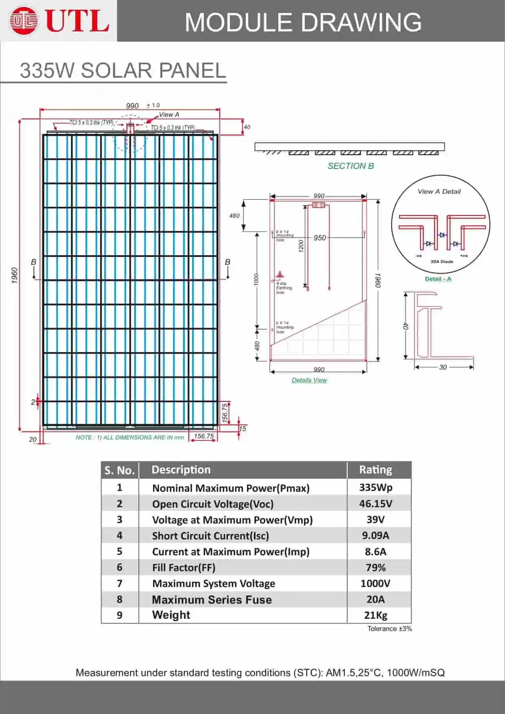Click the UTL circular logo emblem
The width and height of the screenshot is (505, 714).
coord(24,20)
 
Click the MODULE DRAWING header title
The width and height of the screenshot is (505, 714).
coord(303,22)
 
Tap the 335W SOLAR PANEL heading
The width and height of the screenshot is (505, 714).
coord(122,70)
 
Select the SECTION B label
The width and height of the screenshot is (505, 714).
coord(350,166)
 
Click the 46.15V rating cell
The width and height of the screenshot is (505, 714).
coord(375,504)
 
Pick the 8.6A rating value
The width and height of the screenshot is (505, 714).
coord(375,552)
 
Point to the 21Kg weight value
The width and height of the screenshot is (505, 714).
coord(375,615)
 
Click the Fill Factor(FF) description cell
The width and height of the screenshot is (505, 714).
coord(184,567)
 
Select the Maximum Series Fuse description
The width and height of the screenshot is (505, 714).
coord(212,600)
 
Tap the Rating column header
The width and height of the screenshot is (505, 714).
coord(375,470)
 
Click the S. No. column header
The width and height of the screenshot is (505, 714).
coord(119,470)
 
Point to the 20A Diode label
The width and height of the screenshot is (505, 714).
coord(442,261)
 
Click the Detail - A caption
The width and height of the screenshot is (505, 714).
coord(438,279)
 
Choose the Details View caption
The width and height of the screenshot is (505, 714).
coord(309,380)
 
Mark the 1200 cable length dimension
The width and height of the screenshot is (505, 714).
coord(301,246)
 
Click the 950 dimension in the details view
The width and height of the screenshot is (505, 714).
coord(319,238)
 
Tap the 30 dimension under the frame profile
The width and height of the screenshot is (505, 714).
coord(443,367)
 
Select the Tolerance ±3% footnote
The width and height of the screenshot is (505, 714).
coord(389,629)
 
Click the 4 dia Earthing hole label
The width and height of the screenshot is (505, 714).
coord(283,288)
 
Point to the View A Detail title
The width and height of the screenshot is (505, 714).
coord(439,191)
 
